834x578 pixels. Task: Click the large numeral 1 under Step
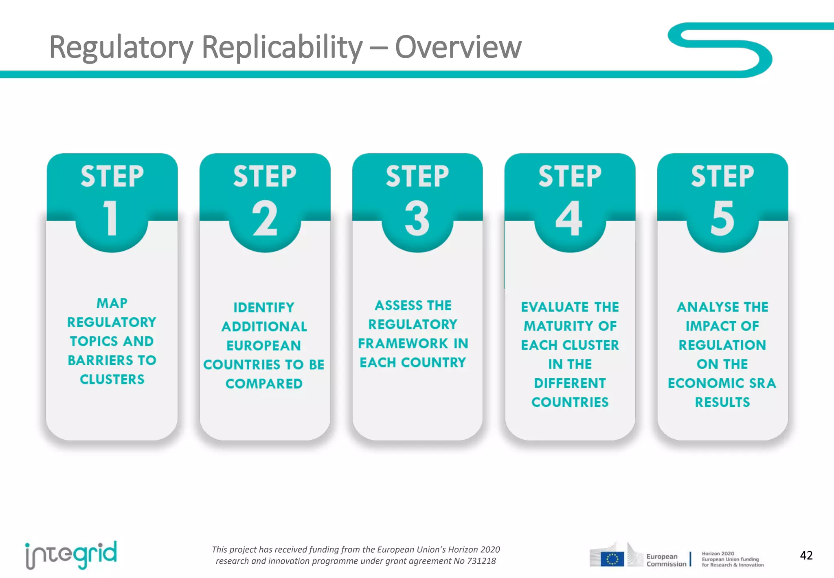pos(111,218)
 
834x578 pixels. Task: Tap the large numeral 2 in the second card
pos(265,218)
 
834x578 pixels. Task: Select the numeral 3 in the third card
pos(417,218)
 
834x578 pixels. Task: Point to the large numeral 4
pos(569,218)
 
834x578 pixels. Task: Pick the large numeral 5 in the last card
pos(722,218)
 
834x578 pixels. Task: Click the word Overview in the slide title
pos(458,47)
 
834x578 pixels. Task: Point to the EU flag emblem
pos(612,559)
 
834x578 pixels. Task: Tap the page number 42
pos(806,555)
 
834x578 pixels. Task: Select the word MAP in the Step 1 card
pos(112,303)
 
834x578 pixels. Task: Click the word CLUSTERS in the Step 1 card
pos(112,379)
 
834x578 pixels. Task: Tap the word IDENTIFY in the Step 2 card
pos(264,307)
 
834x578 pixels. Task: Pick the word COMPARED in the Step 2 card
pos(264,384)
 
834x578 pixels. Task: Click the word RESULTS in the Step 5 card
pos(722,402)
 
